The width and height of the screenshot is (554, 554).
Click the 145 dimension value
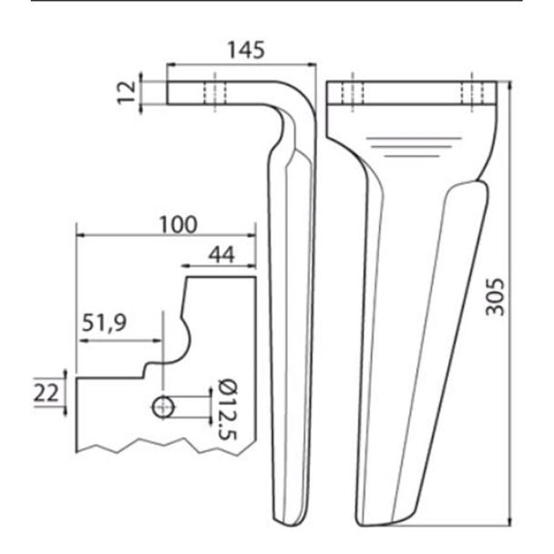[x=246, y=50]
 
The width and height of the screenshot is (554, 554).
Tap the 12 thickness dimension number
[x=127, y=92]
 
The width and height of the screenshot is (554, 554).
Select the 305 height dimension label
[x=495, y=297]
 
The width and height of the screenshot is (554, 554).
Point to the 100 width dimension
[x=178, y=224]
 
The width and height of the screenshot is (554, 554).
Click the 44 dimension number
[x=221, y=254]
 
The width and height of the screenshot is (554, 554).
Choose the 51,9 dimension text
[x=104, y=323]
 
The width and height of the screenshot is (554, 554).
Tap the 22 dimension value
[x=46, y=393]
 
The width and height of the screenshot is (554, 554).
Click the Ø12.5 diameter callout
[x=228, y=409]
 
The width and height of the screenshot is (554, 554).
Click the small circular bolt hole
[x=163, y=407]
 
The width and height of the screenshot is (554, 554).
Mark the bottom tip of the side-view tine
[x=288, y=526]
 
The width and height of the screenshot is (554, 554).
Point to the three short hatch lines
[x=414, y=147]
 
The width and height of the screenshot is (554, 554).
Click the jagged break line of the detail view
[x=165, y=446]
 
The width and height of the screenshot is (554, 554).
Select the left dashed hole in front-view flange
[x=353, y=93]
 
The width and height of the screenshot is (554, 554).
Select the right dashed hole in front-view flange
[x=472, y=93]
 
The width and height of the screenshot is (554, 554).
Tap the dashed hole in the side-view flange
[x=215, y=93]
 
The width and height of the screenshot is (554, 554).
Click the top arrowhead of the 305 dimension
[x=509, y=85]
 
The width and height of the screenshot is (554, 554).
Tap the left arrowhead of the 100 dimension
[x=81, y=235]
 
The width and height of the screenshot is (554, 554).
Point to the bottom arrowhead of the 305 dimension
[x=509, y=522]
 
